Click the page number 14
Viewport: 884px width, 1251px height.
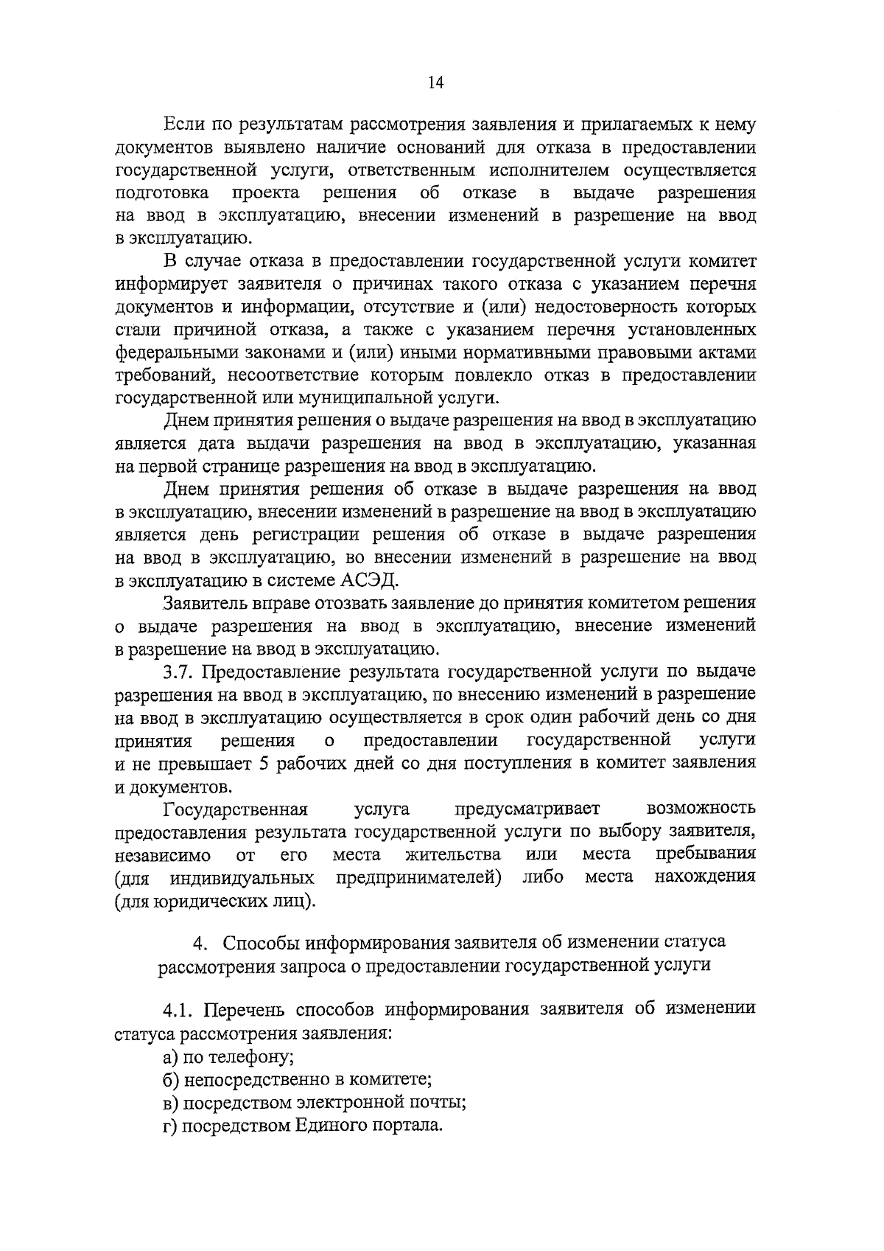(435, 83)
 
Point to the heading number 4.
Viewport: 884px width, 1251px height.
(197, 943)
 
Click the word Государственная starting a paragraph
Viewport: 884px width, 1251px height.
(235, 809)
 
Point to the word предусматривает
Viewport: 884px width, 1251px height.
(527, 809)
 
